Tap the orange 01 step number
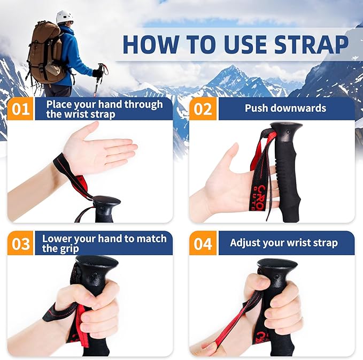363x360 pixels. tap(21, 109)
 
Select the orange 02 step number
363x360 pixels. tap(203, 109)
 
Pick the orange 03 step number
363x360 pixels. tap(21, 243)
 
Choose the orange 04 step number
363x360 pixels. tap(203, 243)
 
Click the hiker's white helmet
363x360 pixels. tap(64, 17)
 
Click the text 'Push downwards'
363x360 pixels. tap(285, 109)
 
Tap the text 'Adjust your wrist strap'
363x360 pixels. tap(283, 243)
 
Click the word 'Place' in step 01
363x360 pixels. tap(59, 104)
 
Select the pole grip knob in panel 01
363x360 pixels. tap(107, 203)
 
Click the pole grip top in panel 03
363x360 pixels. tap(96, 264)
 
